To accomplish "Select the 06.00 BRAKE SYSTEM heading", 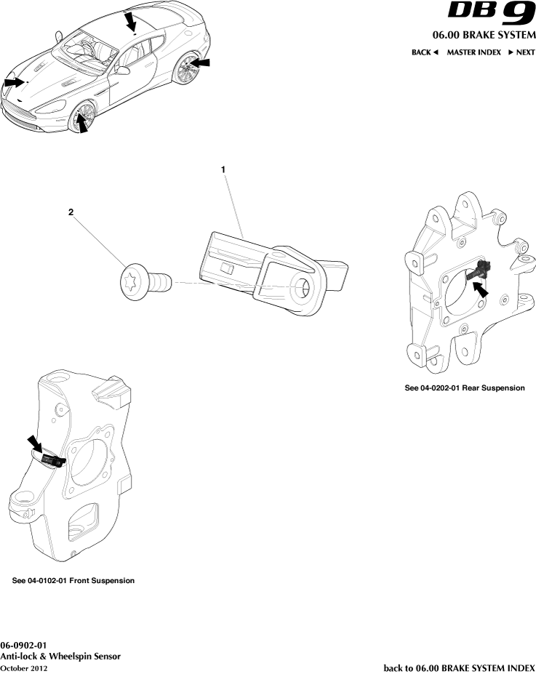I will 484,36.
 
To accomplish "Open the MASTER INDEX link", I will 473,53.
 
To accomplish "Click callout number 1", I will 223,169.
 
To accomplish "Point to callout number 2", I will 71,212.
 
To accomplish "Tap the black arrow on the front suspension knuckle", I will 35,443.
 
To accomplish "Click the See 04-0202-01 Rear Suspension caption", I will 464,388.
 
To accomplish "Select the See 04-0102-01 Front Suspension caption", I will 73,581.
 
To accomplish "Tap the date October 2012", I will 24,668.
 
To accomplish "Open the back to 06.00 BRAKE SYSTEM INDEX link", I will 459,668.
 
